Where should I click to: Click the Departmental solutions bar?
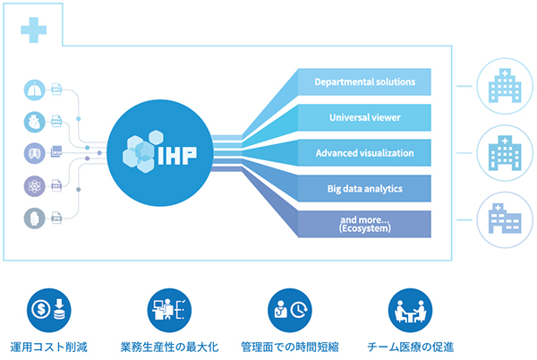click(364, 82)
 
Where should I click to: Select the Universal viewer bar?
click(364, 117)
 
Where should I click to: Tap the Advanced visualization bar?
click(364, 153)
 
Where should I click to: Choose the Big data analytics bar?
click(364, 188)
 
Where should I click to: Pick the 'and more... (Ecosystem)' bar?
click(364, 223)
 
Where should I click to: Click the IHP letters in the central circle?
click(176, 152)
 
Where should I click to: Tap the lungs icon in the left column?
click(33, 90)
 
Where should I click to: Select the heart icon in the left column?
click(33, 123)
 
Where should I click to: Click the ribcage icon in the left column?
click(33, 154)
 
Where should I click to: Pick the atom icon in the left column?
click(33, 185)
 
